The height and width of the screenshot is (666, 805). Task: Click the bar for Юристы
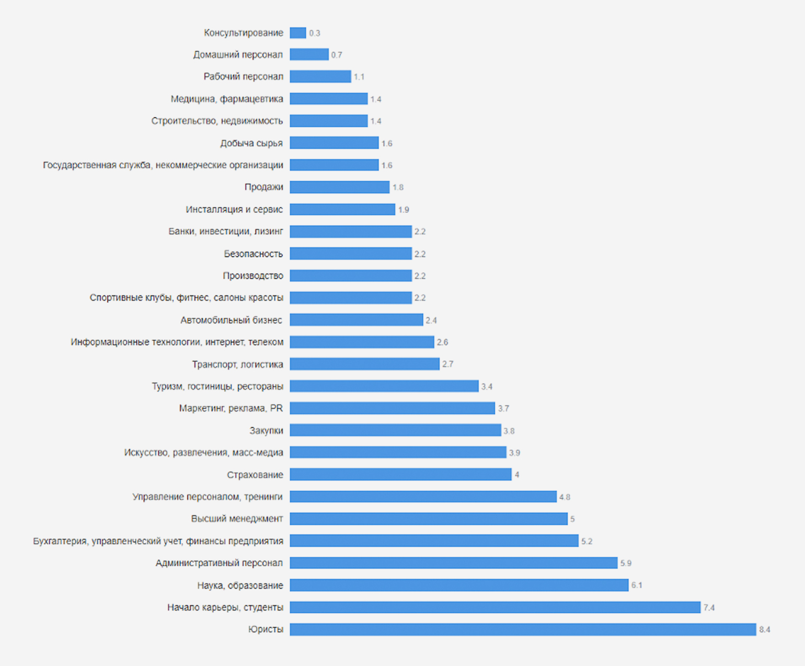(523, 629)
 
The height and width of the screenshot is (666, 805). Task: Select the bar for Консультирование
(298, 33)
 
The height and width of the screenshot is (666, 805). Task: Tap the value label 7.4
(709, 607)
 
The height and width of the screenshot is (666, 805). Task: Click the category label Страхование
(255, 475)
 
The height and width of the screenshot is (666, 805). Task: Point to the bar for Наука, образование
(459, 585)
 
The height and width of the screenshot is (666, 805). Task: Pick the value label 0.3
(314, 33)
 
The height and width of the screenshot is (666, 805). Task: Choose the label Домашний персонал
(238, 54)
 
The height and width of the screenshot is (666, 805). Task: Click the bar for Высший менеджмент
(429, 519)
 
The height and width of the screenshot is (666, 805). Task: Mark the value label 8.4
(764, 629)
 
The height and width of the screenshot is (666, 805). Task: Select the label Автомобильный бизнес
(231, 320)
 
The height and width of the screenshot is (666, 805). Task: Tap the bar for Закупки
(395, 430)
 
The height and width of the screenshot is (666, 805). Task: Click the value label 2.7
(447, 364)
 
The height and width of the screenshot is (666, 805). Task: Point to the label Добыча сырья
(251, 143)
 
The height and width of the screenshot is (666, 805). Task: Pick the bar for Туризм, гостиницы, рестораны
(384, 386)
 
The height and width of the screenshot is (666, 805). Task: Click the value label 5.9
(626, 563)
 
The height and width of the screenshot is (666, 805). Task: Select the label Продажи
(263, 187)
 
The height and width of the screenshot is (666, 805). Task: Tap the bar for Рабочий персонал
(320, 76)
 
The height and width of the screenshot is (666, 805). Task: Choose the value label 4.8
(565, 497)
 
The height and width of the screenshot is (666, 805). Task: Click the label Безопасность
(254, 254)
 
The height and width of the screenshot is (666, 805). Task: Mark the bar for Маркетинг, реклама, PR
(392, 408)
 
